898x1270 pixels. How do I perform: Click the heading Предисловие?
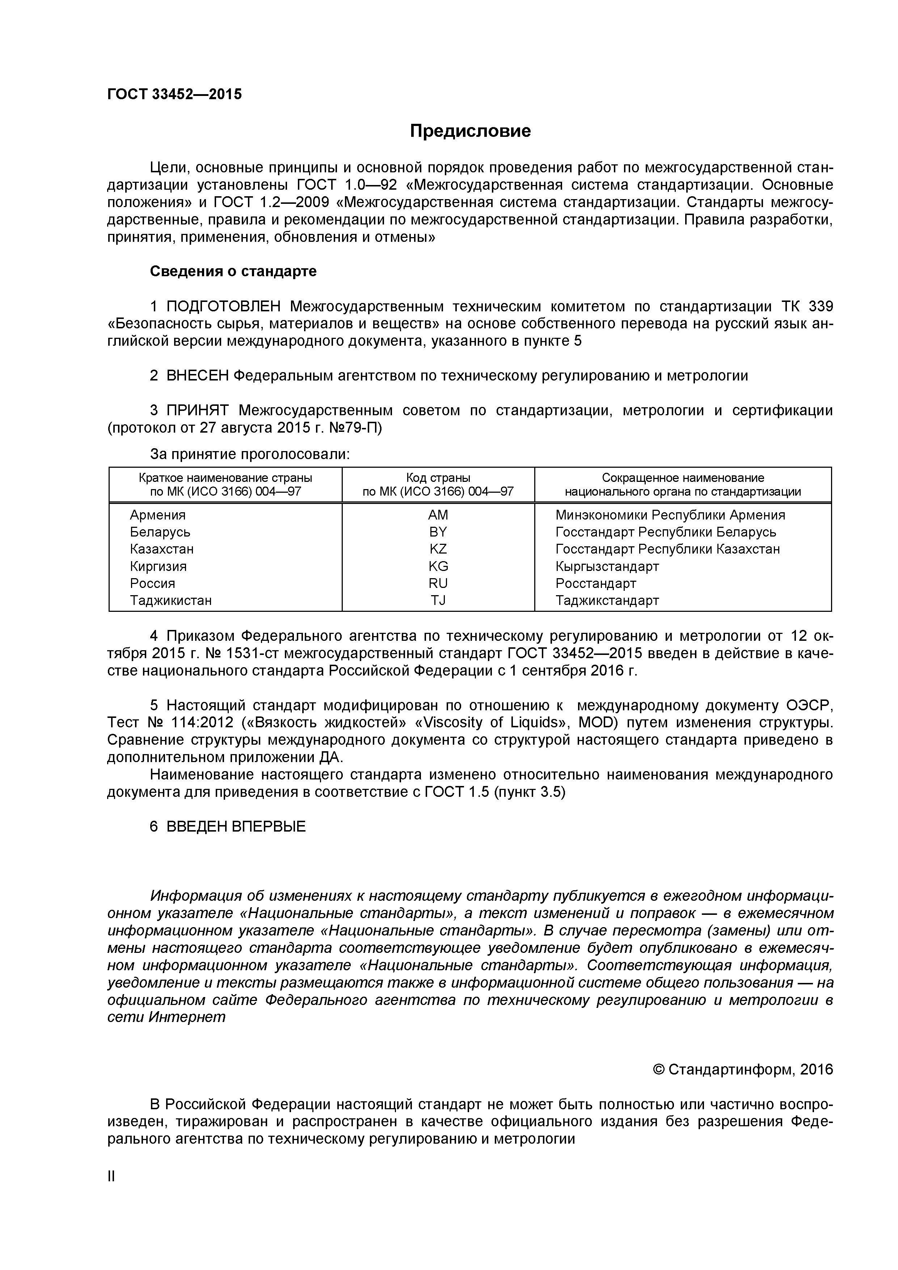[x=470, y=131]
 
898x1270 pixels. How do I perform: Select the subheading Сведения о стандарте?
[x=233, y=272]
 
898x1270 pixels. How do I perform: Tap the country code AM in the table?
[x=438, y=515]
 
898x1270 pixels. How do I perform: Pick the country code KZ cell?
[x=438, y=549]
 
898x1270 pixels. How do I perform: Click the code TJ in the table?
[x=438, y=600]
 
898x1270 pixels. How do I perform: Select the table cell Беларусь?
[x=160, y=532]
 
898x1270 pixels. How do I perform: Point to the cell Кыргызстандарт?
[x=607, y=567]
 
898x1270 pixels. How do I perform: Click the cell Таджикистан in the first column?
[x=171, y=600]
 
